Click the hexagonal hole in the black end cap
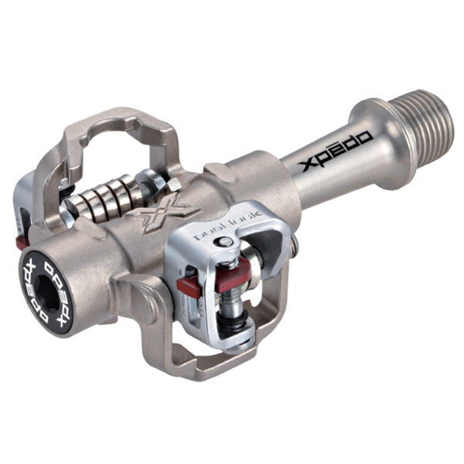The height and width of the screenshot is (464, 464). click(43, 285)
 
